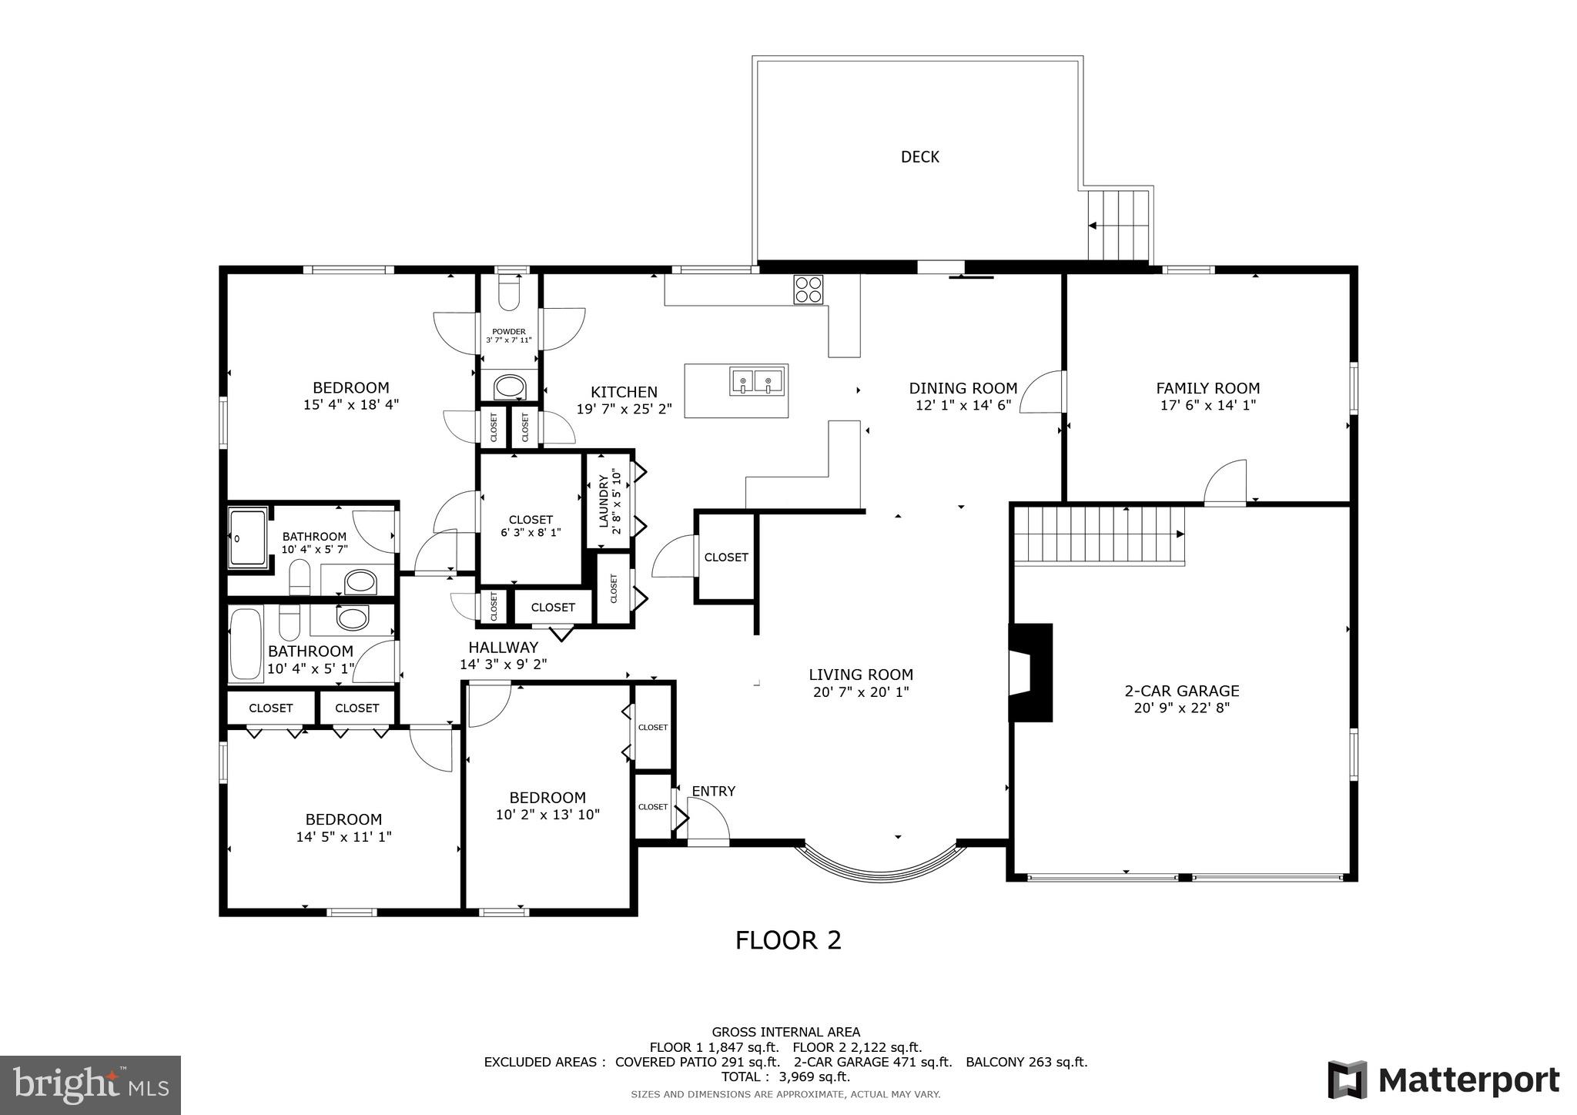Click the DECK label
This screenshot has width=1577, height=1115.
click(919, 157)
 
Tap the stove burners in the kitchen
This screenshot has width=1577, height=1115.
click(809, 289)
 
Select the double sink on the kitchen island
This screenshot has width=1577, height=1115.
click(758, 380)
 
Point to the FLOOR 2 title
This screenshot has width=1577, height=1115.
click(788, 940)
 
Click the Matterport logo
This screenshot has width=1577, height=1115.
click(1443, 1080)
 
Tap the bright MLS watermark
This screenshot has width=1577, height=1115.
click(91, 1085)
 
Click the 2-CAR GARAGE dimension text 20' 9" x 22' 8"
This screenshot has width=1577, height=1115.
click(1181, 708)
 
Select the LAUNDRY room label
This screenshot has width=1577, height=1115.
click(604, 501)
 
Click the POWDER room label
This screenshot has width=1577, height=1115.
click(509, 332)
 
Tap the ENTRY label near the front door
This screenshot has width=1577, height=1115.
click(713, 792)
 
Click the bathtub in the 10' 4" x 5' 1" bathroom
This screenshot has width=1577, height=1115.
click(246, 644)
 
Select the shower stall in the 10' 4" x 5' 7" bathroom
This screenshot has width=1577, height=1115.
click(247, 537)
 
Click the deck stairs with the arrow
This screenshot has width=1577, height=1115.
click(1118, 226)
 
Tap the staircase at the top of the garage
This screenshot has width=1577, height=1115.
click(1098, 534)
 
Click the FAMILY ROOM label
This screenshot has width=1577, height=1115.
click(1207, 389)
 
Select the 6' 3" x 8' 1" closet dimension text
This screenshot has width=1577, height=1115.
click(531, 532)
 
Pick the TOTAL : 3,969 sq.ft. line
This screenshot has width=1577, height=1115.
click(785, 1077)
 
